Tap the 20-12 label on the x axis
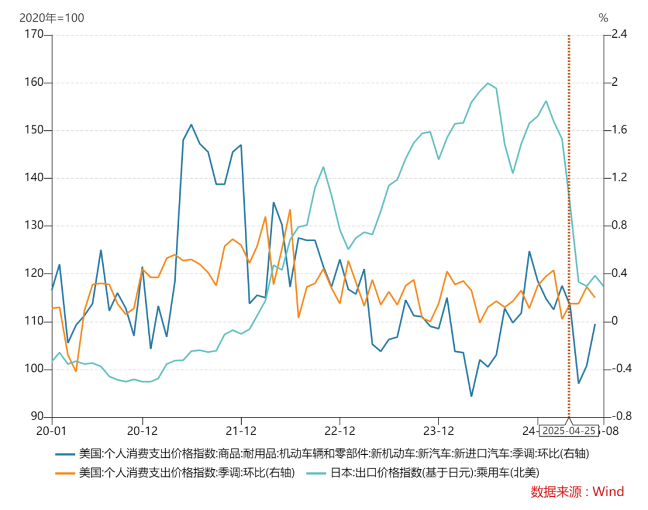pyautogui.click(x=142, y=431)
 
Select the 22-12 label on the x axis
pyautogui.click(x=340, y=431)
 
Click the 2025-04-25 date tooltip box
pyautogui.click(x=569, y=431)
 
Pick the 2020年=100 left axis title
pyautogui.click(x=52, y=18)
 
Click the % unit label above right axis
pyautogui.click(x=604, y=18)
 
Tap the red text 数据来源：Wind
pyautogui.click(x=577, y=492)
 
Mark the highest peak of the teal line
pyautogui.click(x=488, y=83)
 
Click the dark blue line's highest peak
pyautogui.click(x=191, y=125)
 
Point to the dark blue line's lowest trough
pyautogui.click(x=471, y=396)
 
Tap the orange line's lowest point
pyautogui.click(x=76, y=371)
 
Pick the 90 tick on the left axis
pyautogui.click(x=38, y=416)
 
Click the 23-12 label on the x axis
pyautogui.click(x=439, y=431)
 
